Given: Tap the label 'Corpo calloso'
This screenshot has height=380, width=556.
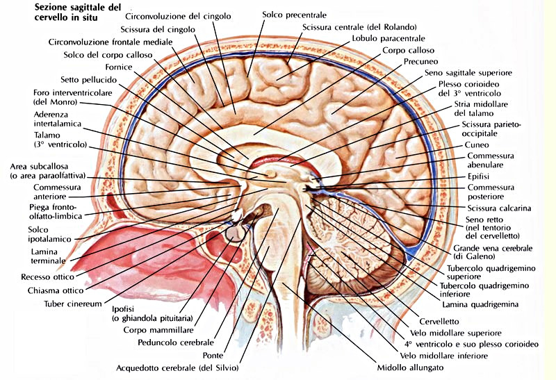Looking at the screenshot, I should [408, 51].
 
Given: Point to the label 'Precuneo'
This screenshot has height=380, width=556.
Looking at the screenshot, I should [420, 61].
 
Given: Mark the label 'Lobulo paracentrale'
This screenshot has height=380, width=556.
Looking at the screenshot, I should [387, 39].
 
